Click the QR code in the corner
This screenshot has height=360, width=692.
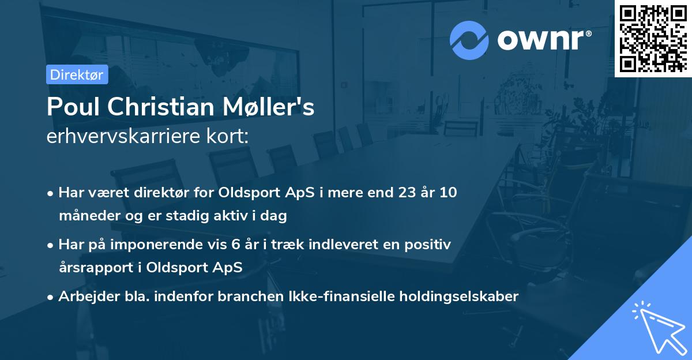pyautogui.click(x=653, y=38)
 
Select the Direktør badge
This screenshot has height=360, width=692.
pyautogui.click(x=77, y=74)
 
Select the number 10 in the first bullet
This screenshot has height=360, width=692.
pyautogui.click(x=447, y=193)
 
